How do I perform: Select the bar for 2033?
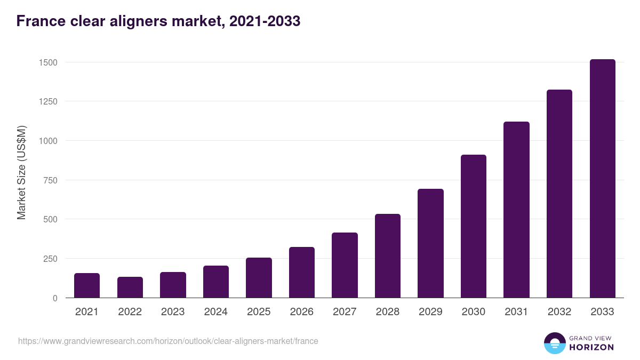(x=602, y=179)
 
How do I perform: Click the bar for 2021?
(x=87, y=285)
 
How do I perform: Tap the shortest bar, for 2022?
(x=130, y=287)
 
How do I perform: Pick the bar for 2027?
(x=345, y=265)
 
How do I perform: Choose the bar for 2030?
(x=474, y=226)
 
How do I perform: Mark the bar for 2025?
(x=259, y=278)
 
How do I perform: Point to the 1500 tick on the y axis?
(x=48, y=62)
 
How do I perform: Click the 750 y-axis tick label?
(x=50, y=180)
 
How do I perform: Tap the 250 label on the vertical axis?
(x=50, y=259)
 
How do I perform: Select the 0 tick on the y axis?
(x=55, y=298)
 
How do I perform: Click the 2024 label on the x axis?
(x=215, y=312)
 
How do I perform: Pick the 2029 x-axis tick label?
(x=430, y=312)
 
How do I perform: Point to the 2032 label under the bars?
(x=559, y=312)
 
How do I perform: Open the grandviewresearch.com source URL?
(x=168, y=341)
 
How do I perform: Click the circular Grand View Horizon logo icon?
(x=555, y=343)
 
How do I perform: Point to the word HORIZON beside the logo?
(x=591, y=347)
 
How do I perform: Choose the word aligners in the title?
(x=131, y=21)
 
